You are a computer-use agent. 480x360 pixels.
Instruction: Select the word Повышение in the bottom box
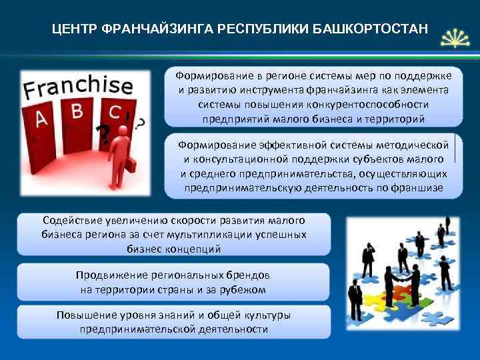(85, 315)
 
